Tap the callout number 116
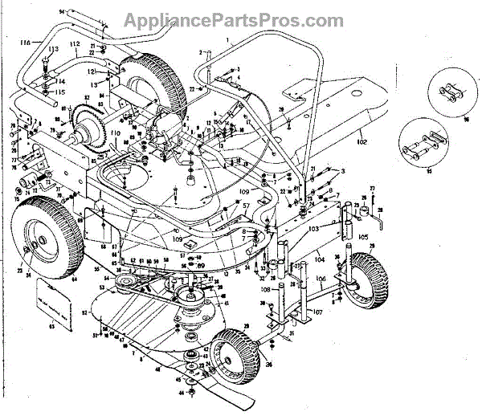(25, 41)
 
